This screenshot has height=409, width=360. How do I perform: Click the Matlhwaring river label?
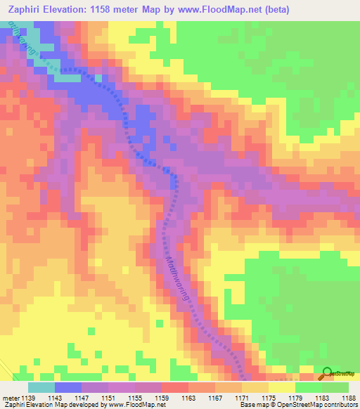(179, 278)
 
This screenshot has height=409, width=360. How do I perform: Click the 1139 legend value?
(27, 398)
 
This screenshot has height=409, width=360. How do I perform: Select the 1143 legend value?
(54, 398)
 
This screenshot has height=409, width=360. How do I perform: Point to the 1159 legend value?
(162, 398)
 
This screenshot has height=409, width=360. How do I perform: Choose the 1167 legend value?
(216, 398)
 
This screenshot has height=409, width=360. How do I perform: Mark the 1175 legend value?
(269, 398)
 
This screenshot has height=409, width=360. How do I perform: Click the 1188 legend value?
(349, 398)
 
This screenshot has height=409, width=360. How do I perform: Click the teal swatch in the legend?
(41, 387)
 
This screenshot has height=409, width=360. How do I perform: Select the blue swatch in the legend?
(67, 387)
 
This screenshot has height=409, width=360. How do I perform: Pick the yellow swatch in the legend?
(281, 387)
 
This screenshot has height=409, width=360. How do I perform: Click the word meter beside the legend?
(9, 398)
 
